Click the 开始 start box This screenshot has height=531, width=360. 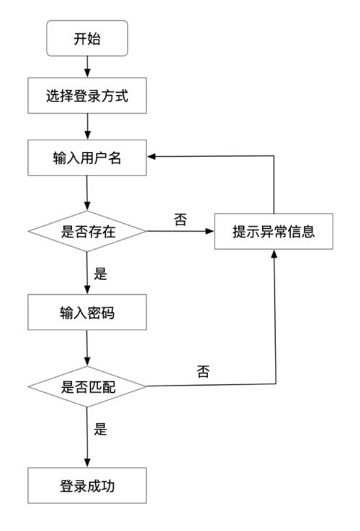pyautogui.click(x=86, y=37)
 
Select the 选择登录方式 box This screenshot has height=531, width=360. pyautogui.click(x=86, y=96)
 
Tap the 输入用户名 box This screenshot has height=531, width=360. pyautogui.click(x=86, y=158)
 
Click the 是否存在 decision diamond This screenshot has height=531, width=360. pyautogui.click(x=86, y=232)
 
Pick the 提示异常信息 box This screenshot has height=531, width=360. pyautogui.click(x=274, y=232)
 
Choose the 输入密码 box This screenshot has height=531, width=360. pyautogui.click(x=86, y=314)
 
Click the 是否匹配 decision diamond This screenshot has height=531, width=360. pyautogui.click(x=86, y=386)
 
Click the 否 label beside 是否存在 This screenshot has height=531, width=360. pyautogui.click(x=180, y=219)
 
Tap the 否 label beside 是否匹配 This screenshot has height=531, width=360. pyautogui.click(x=203, y=373)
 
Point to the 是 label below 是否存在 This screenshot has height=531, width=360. pyautogui.click(x=101, y=273)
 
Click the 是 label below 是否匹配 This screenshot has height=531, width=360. pyautogui.click(x=101, y=430)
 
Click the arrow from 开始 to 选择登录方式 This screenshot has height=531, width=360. pyautogui.click(x=86, y=67)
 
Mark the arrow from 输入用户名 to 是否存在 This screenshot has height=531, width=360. pyautogui.click(x=86, y=193)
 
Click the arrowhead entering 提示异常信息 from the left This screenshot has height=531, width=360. pyautogui.click(x=210, y=232)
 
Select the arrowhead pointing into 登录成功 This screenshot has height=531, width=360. pyautogui.click(x=86, y=463)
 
